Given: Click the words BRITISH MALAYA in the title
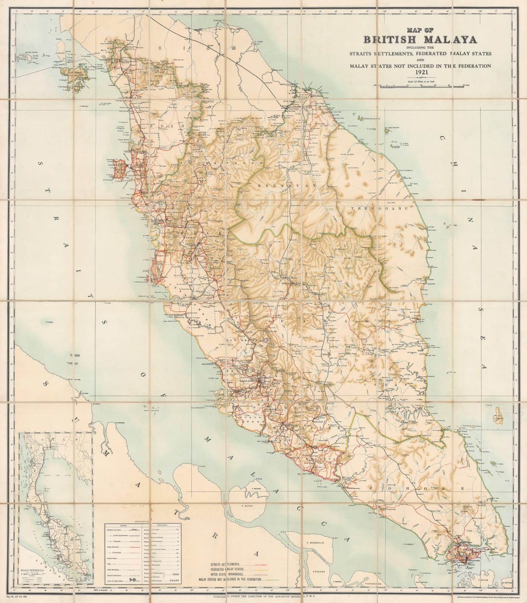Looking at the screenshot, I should point(420,40).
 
